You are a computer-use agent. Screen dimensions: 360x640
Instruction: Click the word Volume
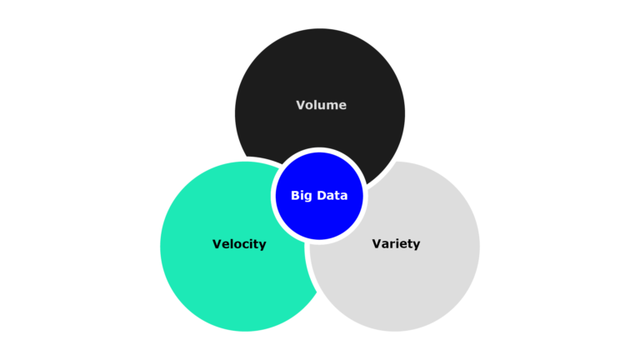[321, 105]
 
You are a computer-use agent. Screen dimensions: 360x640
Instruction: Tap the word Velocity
[239, 244]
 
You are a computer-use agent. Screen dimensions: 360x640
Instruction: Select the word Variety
[396, 244]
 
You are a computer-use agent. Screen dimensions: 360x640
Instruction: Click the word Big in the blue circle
[301, 196]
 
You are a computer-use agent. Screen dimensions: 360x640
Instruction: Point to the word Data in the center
[332, 196]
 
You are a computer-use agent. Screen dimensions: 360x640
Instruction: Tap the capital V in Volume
[301, 105]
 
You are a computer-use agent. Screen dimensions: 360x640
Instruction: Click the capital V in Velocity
[217, 244]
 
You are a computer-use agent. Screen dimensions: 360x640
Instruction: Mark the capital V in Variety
[377, 244]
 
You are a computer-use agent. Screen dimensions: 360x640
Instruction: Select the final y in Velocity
[262, 246]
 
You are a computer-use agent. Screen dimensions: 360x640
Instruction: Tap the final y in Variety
[416, 246]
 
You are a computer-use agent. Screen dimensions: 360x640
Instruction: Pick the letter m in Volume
[332, 106]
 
